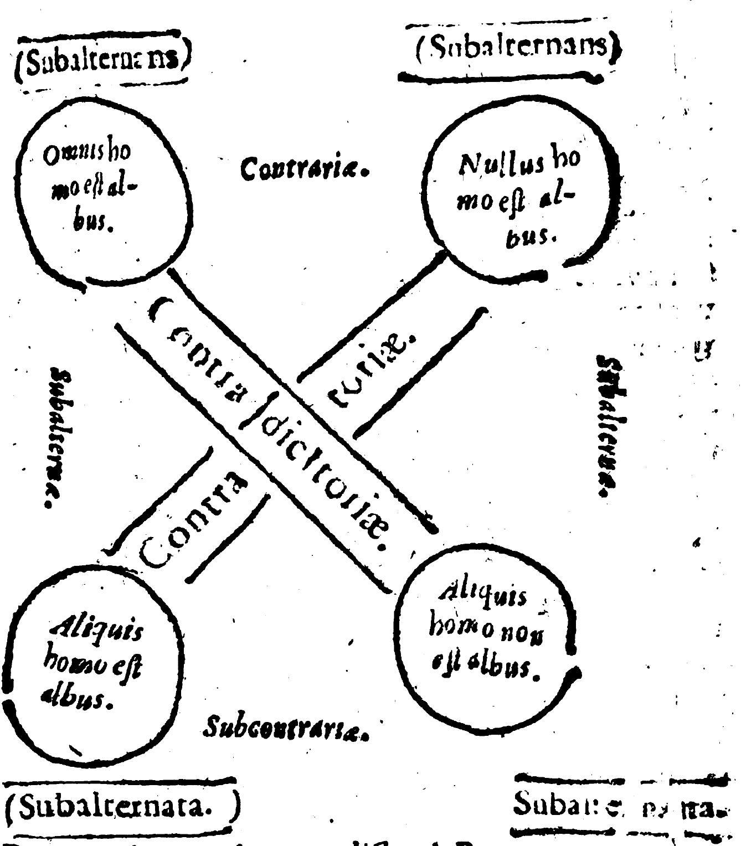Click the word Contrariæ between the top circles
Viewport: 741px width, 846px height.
tap(305, 167)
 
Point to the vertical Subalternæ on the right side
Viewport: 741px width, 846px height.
tap(607, 426)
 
